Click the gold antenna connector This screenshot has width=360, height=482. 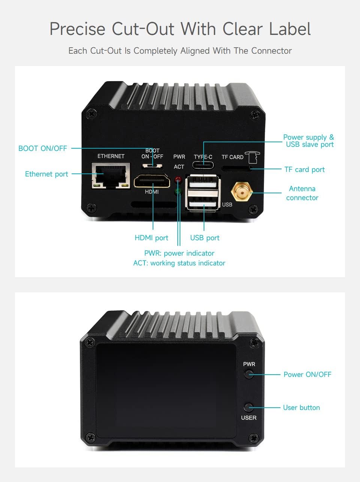241,192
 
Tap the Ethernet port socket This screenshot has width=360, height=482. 111,176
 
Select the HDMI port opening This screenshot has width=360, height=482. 152,181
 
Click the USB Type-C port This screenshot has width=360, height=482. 203,165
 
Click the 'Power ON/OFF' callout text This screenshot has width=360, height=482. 307,374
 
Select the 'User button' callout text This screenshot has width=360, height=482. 301,407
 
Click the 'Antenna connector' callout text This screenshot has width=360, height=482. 302,193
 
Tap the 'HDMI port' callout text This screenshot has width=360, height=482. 151,238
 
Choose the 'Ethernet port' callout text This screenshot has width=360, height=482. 46,174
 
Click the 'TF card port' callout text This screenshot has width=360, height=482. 304,169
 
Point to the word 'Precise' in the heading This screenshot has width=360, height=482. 77,29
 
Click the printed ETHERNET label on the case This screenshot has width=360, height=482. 111,156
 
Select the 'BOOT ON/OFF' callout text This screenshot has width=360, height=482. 43,148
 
